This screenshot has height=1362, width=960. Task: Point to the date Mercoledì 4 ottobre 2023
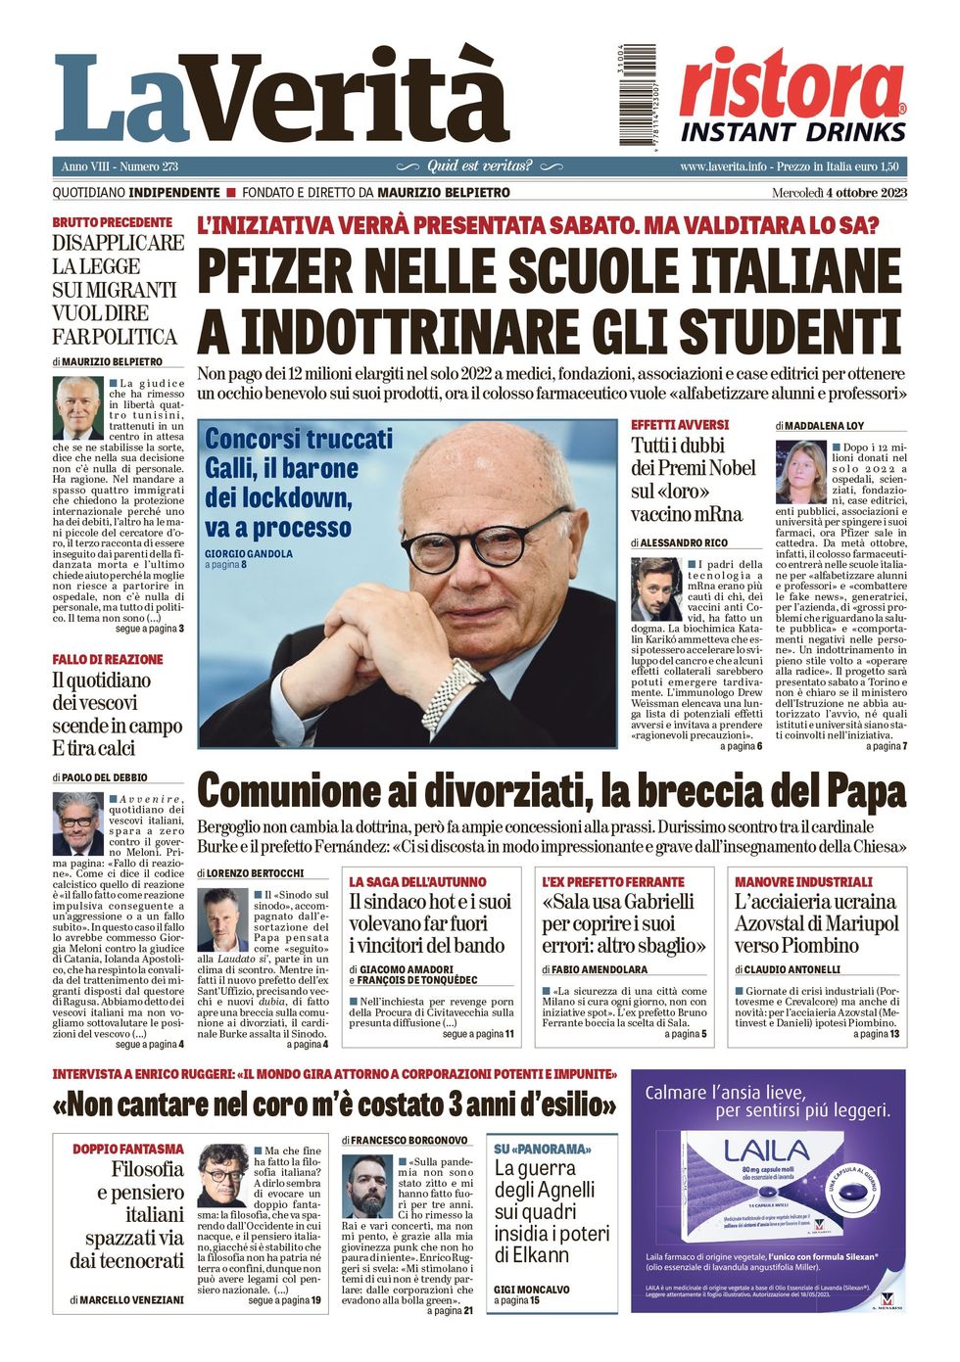point(839,193)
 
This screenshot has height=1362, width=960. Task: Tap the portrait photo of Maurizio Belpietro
point(78,407)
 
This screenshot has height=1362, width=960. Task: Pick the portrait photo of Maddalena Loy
point(800,471)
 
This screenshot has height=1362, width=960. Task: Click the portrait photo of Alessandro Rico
point(655,589)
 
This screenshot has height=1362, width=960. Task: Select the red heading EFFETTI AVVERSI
point(680,425)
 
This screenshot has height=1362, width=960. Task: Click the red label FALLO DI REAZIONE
point(108,660)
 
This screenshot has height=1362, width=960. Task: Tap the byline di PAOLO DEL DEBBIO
point(101,777)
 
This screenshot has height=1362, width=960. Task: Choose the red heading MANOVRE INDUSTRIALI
point(802,881)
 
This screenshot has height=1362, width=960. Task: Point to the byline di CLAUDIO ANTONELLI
point(788,969)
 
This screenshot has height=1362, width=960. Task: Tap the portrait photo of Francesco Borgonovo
point(367,1186)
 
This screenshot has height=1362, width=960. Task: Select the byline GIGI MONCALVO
point(531,1290)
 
